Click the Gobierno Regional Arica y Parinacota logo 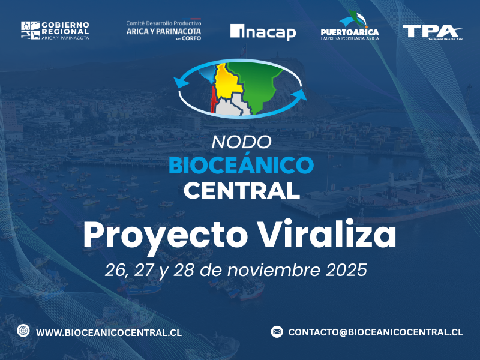click(x=55, y=31)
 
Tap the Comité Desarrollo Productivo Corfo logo click(x=163, y=31)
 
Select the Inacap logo click(x=263, y=31)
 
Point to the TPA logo click(x=432, y=31)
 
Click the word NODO click(x=242, y=142)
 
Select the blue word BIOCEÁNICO click(x=241, y=165)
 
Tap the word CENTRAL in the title click(x=241, y=190)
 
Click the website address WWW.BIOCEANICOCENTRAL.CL click(x=109, y=332)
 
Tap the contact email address click(x=375, y=332)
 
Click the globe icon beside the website click(x=23, y=331)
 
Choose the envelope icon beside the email click(x=277, y=331)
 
